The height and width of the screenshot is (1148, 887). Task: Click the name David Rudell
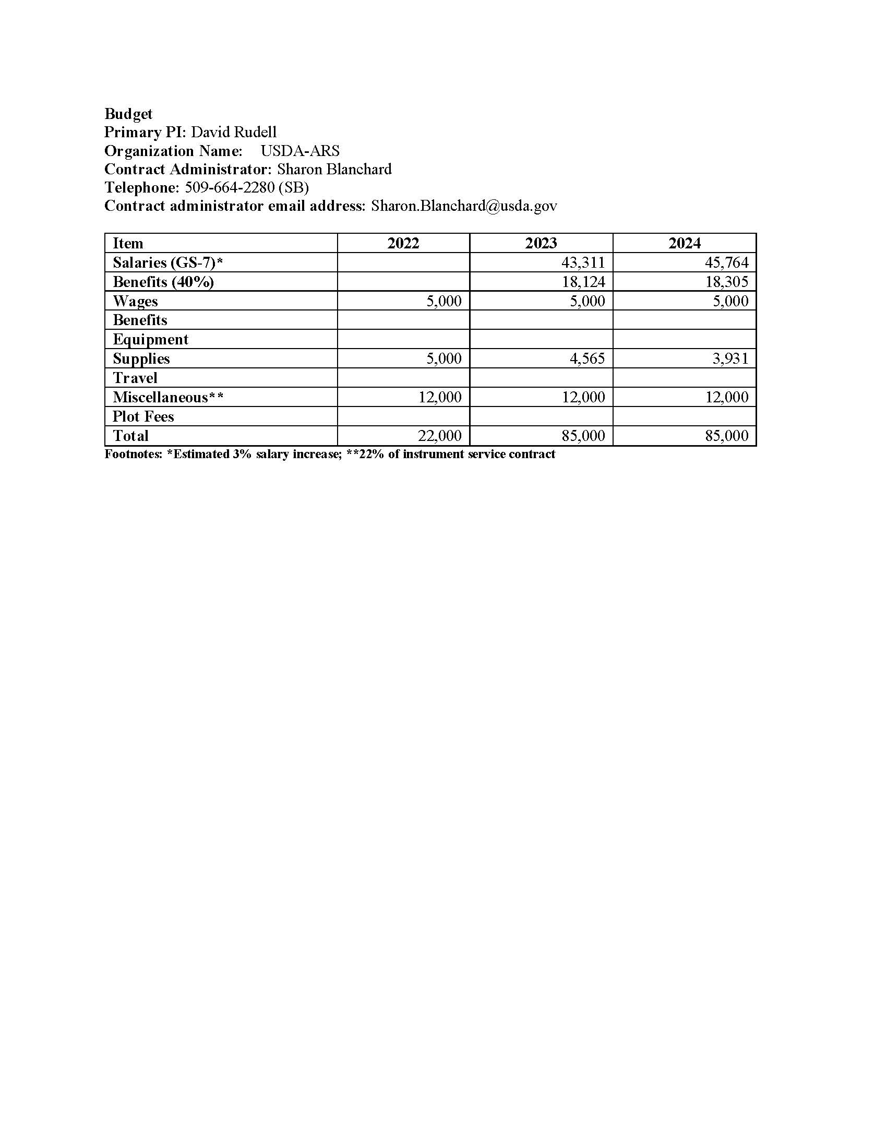pos(233,132)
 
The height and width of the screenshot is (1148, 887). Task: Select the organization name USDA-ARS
pos(300,151)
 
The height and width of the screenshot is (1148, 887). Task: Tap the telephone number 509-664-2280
pos(230,187)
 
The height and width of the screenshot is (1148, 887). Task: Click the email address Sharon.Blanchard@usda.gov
pos(464,206)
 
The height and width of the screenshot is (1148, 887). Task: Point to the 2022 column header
pos(403,243)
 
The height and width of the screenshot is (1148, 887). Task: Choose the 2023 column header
pos(541,243)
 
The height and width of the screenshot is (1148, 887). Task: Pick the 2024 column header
pos(684,243)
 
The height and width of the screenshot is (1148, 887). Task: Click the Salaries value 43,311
pos(583,262)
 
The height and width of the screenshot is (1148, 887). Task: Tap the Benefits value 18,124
pos(583,282)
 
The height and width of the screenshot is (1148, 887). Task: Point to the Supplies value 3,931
pos(730,358)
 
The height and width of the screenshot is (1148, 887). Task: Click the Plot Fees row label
pos(143,416)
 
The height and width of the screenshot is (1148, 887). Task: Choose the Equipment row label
pos(150,340)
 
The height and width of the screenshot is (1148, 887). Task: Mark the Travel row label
pos(135,378)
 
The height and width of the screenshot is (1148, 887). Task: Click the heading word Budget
pos(128,114)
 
